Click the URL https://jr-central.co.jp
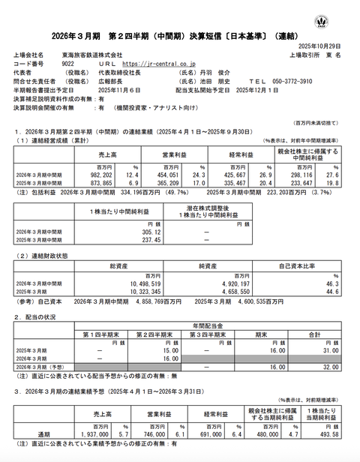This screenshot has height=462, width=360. [x=159, y=64]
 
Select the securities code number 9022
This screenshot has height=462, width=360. [x=69, y=64]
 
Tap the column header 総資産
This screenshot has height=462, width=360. [x=121, y=265]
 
